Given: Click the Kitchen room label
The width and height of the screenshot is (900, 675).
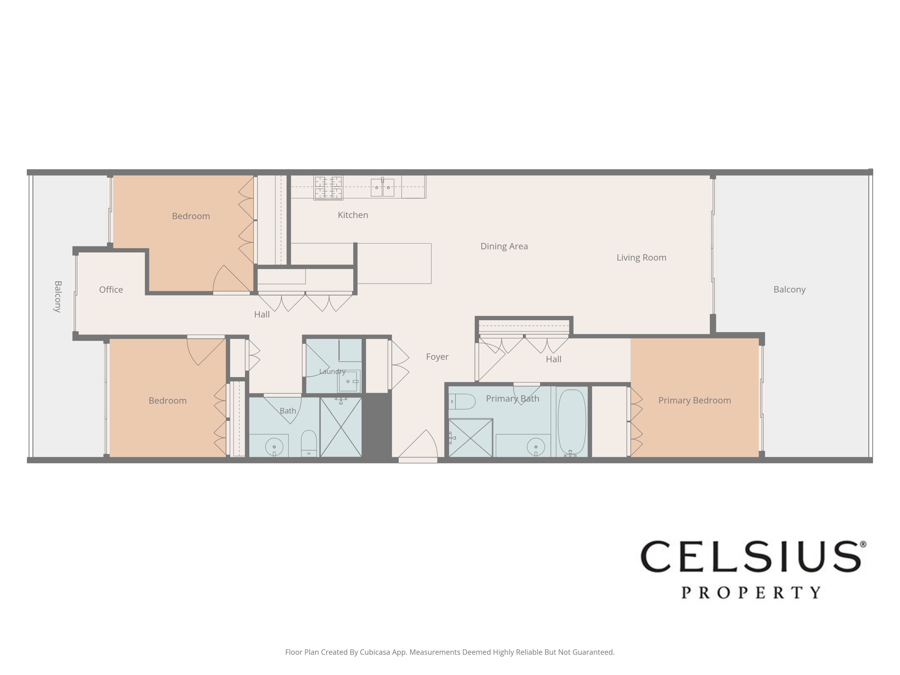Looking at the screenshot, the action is tap(353, 215).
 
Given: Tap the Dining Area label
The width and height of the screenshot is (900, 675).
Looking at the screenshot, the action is tap(504, 246).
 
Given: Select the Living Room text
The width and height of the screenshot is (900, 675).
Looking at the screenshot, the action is tap(641, 258).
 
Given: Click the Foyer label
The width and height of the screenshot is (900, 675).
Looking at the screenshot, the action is tap(437, 357).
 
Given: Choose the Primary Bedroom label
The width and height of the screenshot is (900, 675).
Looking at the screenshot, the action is tap(694, 400).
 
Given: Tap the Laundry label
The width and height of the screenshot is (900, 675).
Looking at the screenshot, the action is tap(332, 371).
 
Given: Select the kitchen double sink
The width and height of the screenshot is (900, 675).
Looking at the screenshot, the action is tap(382, 187).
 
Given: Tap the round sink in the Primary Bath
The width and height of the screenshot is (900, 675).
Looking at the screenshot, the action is tap(536, 447).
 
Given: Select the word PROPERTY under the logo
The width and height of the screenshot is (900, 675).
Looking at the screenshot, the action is tap(751, 592).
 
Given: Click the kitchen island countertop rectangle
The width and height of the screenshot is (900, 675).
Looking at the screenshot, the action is tap(394, 263).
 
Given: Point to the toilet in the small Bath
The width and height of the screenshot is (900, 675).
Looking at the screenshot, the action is tap(309, 443).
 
